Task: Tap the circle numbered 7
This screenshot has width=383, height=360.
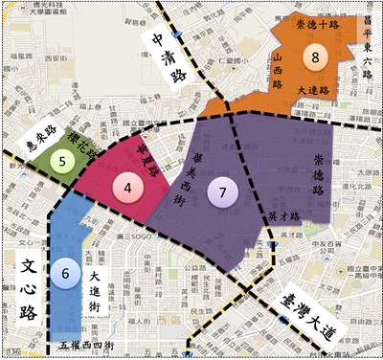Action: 222,191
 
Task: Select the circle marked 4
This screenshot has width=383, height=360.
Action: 127,187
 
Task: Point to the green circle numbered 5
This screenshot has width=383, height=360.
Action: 63,161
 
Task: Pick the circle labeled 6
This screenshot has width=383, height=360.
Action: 65,272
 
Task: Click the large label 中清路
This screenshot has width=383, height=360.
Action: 166,56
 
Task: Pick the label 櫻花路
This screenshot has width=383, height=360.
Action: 82,151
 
